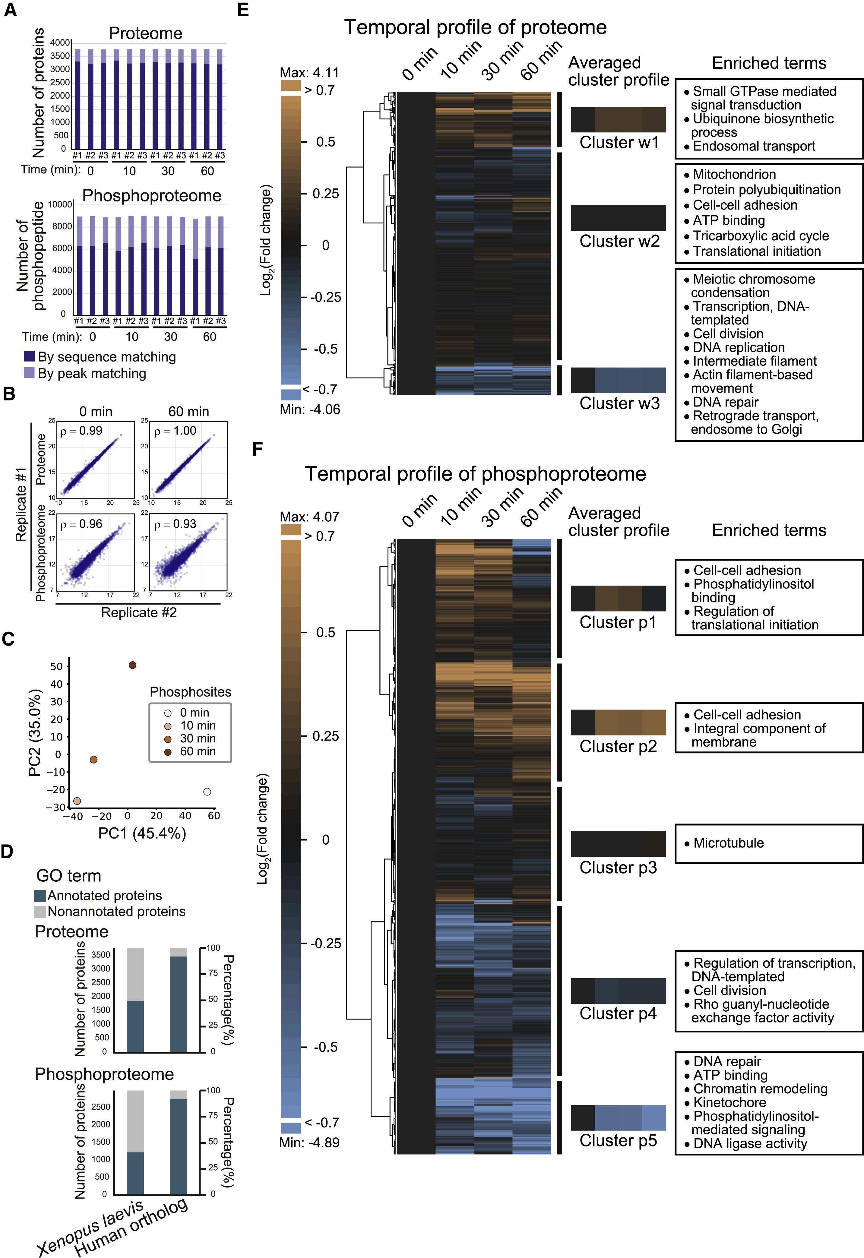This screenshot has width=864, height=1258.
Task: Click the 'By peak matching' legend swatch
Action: click(29, 373)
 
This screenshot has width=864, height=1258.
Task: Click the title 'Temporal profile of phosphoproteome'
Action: click(475, 474)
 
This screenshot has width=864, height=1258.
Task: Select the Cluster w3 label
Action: click(619, 403)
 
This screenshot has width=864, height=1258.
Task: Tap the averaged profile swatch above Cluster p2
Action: click(618, 722)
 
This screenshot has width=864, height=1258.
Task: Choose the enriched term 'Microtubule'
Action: click(728, 843)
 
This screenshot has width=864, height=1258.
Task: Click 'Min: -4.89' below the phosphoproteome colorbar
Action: click(309, 1143)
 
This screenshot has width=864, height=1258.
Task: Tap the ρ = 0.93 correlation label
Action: click(175, 524)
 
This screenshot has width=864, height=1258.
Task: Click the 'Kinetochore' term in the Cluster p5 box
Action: click(729, 1103)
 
